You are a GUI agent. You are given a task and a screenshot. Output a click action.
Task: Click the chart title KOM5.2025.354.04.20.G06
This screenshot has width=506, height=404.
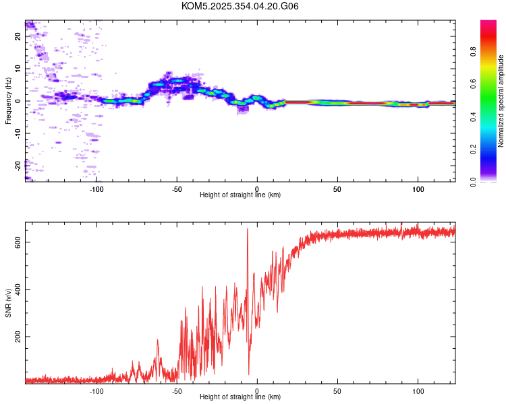(x=240, y=6)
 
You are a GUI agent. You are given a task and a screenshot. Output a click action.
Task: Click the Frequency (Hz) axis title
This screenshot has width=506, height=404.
(x=8, y=101)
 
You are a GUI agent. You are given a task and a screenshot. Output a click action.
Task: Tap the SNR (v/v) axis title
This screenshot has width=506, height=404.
(x=8, y=303)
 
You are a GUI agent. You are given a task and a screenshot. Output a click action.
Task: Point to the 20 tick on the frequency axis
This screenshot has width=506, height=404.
(x=18, y=36)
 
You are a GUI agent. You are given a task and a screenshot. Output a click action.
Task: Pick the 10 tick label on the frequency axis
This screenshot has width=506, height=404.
(x=18, y=69)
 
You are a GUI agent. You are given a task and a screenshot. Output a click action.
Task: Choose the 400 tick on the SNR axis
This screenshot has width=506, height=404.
(x=18, y=289)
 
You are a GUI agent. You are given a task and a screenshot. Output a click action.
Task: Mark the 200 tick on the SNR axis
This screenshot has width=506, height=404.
(x=18, y=337)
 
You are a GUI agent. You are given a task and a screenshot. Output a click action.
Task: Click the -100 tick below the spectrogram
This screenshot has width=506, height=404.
(x=96, y=189)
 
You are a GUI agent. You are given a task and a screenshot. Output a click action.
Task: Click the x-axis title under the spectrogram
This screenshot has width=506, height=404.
(x=240, y=195)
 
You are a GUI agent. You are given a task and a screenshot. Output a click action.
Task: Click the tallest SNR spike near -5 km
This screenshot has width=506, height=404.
(x=248, y=230)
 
